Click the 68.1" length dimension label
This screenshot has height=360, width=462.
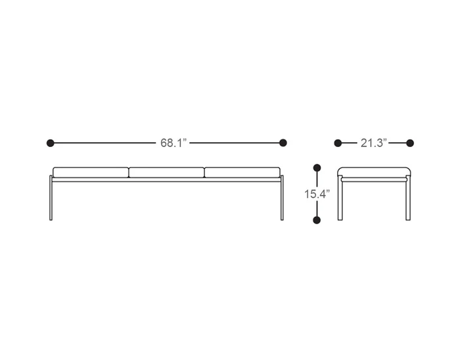pyautogui.click(x=174, y=143)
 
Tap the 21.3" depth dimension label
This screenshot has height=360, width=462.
pyautogui.click(x=374, y=143)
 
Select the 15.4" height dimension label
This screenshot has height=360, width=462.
pyautogui.click(x=317, y=194)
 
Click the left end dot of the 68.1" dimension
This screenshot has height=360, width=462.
pyautogui.click(x=50, y=143)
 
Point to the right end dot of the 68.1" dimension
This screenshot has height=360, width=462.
pyautogui.click(x=283, y=143)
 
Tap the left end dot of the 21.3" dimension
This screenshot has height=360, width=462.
pyautogui.click(x=338, y=143)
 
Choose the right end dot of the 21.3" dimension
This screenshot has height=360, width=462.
pyautogui.click(x=410, y=143)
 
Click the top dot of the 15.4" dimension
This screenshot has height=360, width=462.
pyautogui.click(x=317, y=168)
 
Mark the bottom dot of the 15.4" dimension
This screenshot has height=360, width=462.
pyautogui.click(x=317, y=220)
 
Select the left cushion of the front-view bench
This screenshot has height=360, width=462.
pyautogui.click(x=91, y=173)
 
